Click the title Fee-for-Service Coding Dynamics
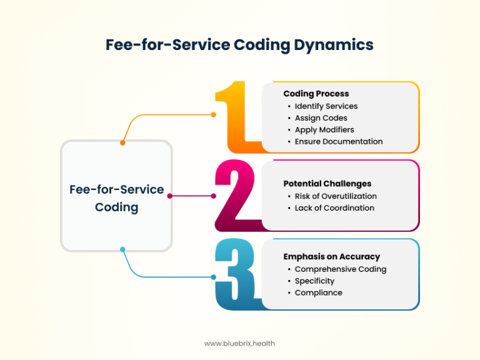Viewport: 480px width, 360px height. (x=239, y=45)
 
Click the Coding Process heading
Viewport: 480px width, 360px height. (x=316, y=94)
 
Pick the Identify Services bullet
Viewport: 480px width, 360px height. (x=326, y=106)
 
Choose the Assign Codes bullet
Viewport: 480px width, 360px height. (x=321, y=118)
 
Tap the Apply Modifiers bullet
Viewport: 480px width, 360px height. (x=324, y=130)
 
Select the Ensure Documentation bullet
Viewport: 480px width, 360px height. (x=339, y=142)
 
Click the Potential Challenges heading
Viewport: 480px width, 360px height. (x=327, y=184)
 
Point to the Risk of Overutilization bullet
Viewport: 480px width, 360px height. (x=336, y=196)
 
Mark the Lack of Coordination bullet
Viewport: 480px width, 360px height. (x=334, y=208)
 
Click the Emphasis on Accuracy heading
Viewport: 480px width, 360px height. (x=332, y=257)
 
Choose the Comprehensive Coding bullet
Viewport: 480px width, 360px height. (x=341, y=269)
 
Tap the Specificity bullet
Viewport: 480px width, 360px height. (x=314, y=281)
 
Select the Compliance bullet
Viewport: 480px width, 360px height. (x=318, y=293)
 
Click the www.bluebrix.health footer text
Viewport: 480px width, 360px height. (x=239, y=343)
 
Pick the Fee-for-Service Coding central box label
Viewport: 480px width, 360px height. (x=117, y=197)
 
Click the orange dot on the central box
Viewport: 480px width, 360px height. (x=122, y=143)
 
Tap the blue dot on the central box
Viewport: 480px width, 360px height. (x=122, y=249)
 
